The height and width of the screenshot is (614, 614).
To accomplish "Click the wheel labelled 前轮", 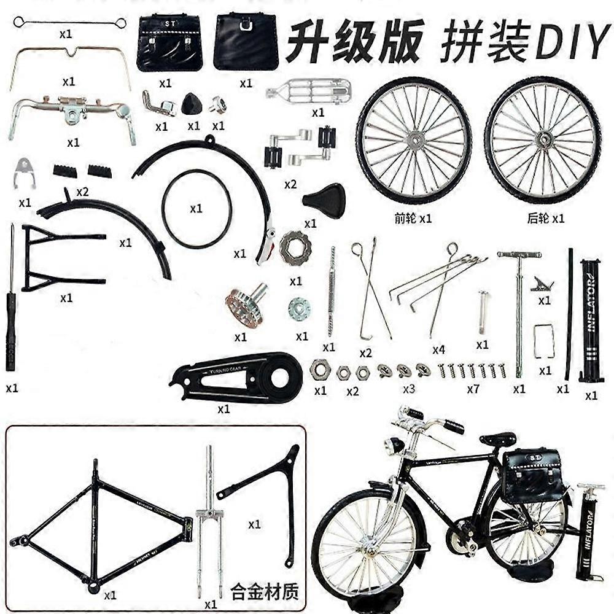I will pyautogui.click(x=414, y=140).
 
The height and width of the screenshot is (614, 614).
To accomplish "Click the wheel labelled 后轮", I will pyautogui.click(x=543, y=140).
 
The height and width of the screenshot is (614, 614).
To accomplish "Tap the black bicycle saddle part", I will pyautogui.click(x=324, y=200).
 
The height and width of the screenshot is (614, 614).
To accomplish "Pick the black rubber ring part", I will pyautogui.click(x=196, y=209).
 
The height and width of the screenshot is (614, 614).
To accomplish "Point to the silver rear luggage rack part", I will pyautogui.click(x=309, y=91).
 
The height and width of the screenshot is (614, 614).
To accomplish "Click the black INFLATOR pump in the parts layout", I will pyautogui.click(x=591, y=319).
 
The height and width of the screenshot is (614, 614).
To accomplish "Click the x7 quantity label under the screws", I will pyautogui.click(x=473, y=389).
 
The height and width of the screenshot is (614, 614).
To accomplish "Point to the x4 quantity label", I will pyautogui.click(x=438, y=350).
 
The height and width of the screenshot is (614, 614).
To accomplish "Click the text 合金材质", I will pyautogui.click(x=264, y=593).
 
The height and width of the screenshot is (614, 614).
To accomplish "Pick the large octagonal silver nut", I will pyautogui.click(x=295, y=248).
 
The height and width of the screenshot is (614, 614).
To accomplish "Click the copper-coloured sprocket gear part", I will pyautogui.click(x=244, y=306).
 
